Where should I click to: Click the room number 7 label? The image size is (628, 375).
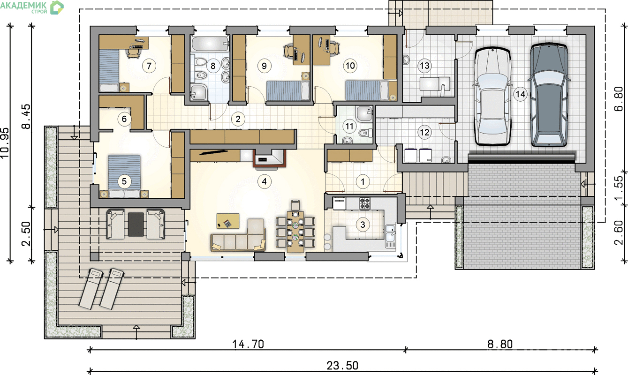pyautogui.click(x=149, y=66)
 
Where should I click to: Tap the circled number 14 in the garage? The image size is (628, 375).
pyautogui.click(x=520, y=94)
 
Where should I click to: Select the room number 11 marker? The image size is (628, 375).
pyautogui.click(x=349, y=127)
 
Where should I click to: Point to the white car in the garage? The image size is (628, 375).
pyautogui.click(x=492, y=96)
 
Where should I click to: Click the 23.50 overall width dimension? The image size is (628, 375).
pyautogui.click(x=342, y=366)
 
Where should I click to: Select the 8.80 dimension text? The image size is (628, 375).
pyautogui.click(x=500, y=344)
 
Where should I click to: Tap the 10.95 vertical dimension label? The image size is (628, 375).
pyautogui.click(x=5, y=143)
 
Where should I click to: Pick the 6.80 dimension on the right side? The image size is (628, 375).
pyautogui.click(x=619, y=98)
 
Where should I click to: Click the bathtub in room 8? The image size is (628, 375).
pyautogui.click(x=210, y=44)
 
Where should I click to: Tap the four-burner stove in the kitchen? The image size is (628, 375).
pyautogui.click(x=365, y=203)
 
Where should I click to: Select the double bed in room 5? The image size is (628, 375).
pyautogui.click(x=124, y=176)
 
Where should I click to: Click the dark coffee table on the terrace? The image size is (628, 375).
pyautogui.click(x=136, y=224)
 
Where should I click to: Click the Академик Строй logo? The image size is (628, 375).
pyautogui.click(x=32, y=7)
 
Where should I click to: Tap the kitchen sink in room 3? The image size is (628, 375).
pyautogui.click(x=391, y=233)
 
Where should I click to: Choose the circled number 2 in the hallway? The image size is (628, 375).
pyautogui.click(x=238, y=119)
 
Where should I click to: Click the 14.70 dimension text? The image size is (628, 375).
pyautogui.click(x=248, y=344)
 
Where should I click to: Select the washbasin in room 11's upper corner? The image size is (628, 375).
pyautogui.click(x=364, y=113)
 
